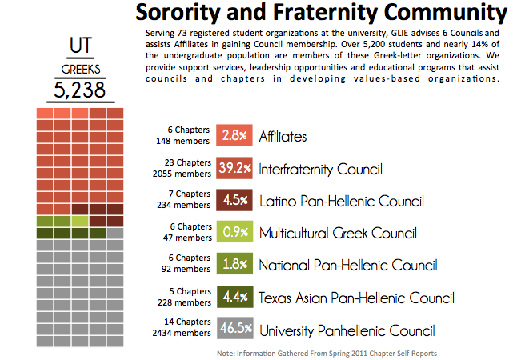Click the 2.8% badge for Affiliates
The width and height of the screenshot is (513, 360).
pos(234,137)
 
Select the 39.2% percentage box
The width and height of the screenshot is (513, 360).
pos(234,169)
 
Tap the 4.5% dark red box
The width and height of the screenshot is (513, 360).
pos(234,201)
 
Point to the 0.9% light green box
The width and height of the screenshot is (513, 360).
pos(234,233)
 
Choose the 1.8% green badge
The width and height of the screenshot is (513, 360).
pos(234,265)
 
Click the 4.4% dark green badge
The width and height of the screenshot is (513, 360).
pos(234,298)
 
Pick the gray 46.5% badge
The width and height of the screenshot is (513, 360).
pos(234,329)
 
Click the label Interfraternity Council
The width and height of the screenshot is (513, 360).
pos(320,169)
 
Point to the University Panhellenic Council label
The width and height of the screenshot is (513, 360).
pos(347,329)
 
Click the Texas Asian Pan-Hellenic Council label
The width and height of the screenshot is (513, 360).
pos(356,298)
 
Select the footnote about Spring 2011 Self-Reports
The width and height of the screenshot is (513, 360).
pos(327,352)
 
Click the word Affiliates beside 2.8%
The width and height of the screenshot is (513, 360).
pos(283,137)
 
